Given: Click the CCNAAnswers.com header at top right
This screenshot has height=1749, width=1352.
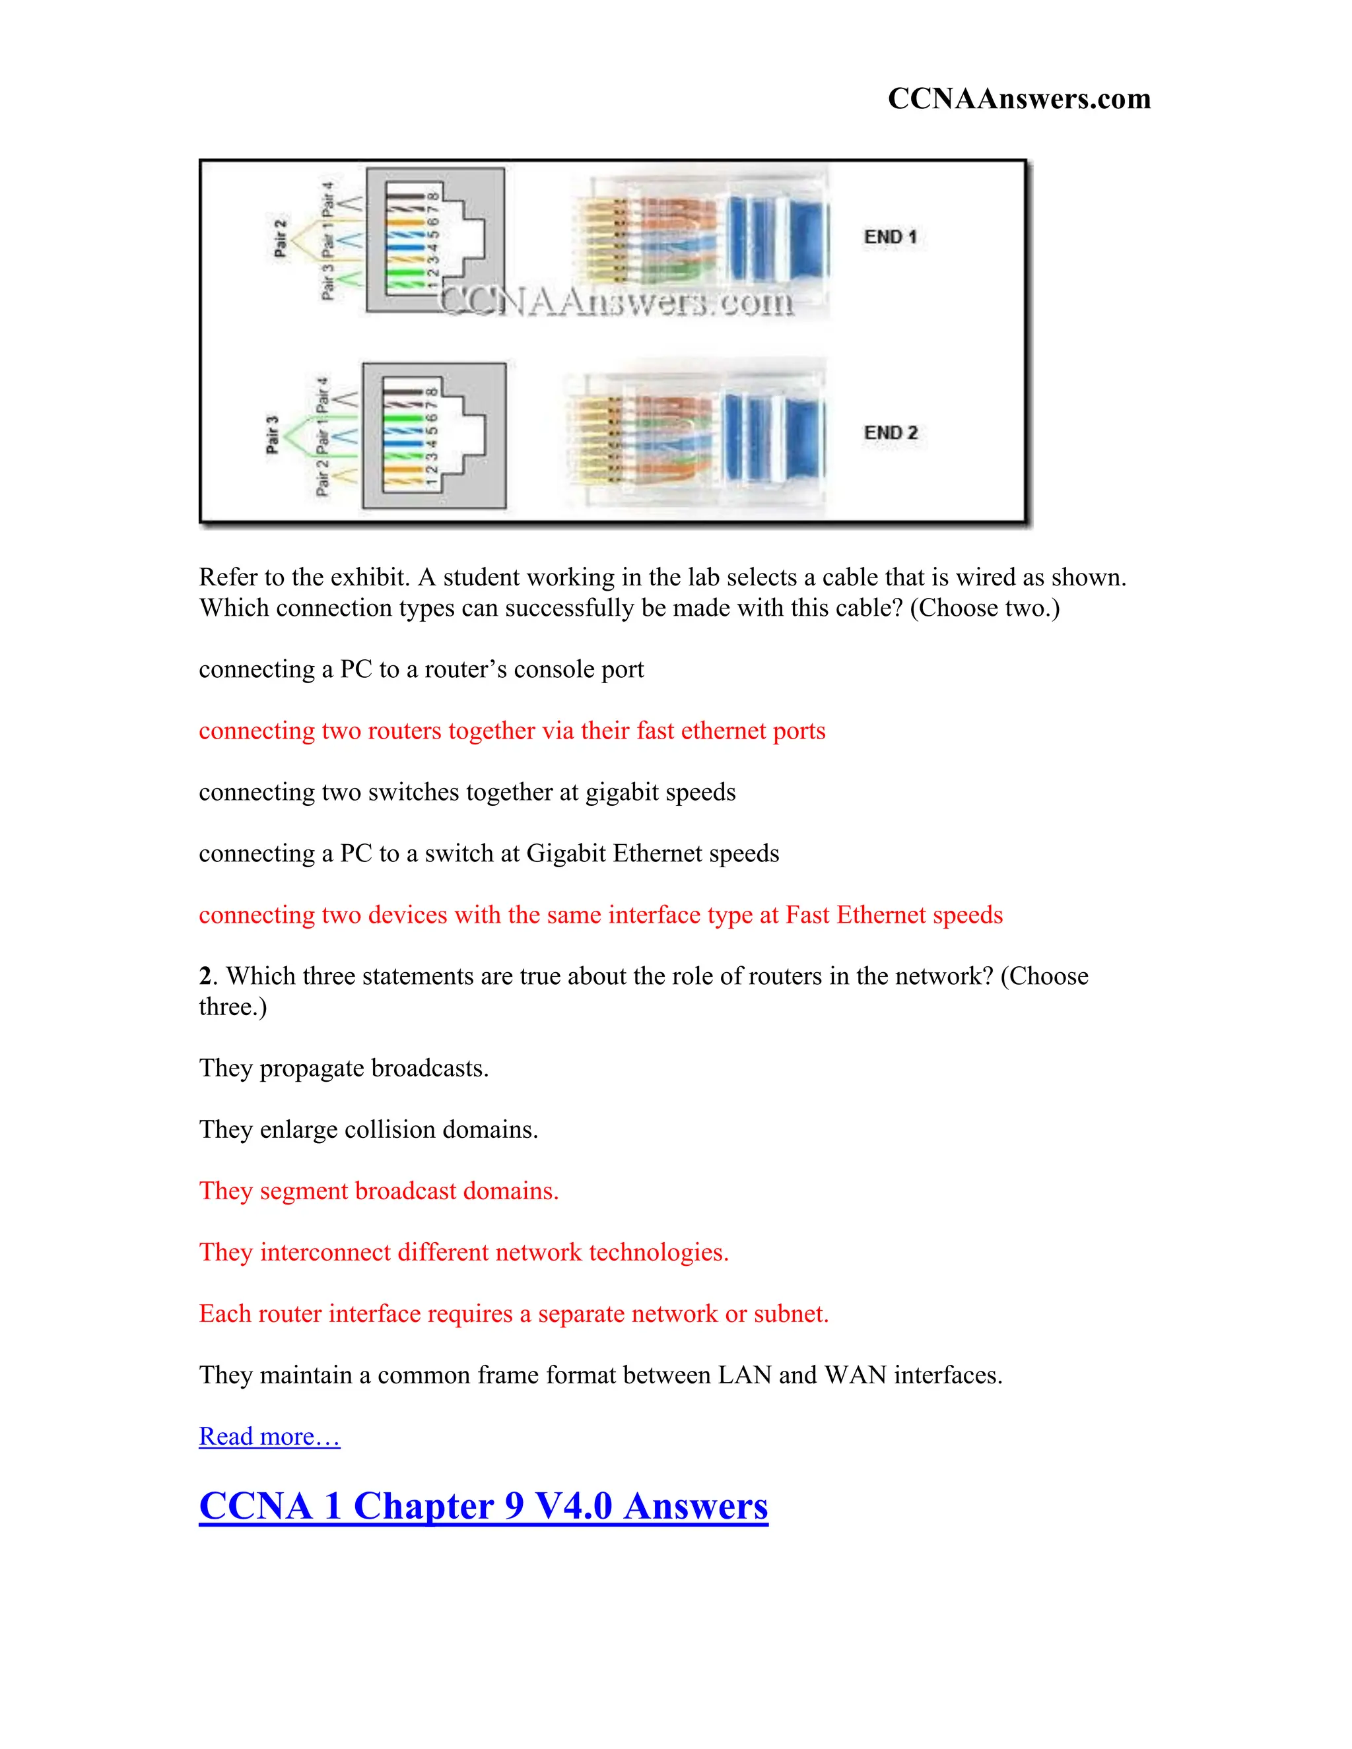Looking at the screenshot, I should tap(1019, 98).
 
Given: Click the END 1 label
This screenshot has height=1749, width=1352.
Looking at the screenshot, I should tap(890, 237).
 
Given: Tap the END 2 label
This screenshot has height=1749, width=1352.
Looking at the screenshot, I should tap(891, 432).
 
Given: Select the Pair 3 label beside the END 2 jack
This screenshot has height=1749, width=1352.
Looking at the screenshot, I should tap(273, 435).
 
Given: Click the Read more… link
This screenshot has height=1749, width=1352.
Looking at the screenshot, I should tap(269, 1436).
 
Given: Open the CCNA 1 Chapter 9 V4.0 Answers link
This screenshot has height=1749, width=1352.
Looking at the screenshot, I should tap(483, 1505).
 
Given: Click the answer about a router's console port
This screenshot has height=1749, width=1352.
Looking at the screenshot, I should tap(421, 669).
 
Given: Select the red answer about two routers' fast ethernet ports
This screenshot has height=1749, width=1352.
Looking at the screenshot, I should tap(512, 731).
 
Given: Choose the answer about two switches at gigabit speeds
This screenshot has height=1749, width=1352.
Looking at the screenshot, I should tap(467, 792).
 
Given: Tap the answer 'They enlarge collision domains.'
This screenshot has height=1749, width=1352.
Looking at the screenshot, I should tap(368, 1129).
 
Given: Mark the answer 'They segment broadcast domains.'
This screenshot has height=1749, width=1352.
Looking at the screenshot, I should tap(379, 1191).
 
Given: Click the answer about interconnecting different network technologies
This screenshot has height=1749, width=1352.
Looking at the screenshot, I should tap(463, 1251).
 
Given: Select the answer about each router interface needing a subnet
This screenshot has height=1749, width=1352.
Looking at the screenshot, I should tap(514, 1313).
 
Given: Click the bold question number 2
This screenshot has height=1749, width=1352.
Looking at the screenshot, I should tap(205, 976).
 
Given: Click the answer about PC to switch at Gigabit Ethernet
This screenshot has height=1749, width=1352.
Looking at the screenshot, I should tap(489, 853).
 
